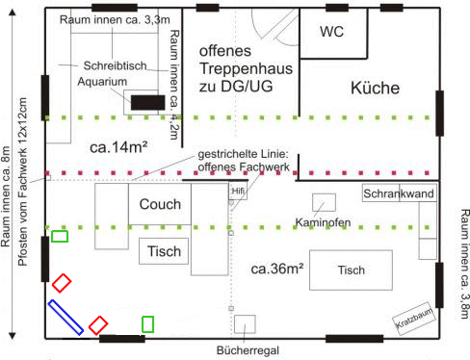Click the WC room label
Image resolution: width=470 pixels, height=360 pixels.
pyautogui.click(x=331, y=32)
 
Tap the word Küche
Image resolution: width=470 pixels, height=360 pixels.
pyautogui.click(x=375, y=88)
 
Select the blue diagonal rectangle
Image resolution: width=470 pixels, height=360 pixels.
pyautogui.click(x=65, y=318)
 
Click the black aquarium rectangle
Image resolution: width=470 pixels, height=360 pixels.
pyautogui.click(x=147, y=102)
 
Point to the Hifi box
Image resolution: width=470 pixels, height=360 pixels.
pyautogui.click(x=238, y=192)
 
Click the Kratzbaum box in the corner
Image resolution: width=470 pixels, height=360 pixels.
pyautogui.click(x=414, y=319)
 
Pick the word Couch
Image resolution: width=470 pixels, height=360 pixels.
pyautogui.click(x=160, y=204)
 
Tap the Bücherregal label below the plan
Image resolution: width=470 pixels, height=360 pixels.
pyautogui.click(x=248, y=350)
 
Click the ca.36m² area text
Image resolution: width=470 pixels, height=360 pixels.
pyautogui.click(x=277, y=269)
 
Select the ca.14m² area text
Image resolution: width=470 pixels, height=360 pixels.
pyautogui.click(x=118, y=147)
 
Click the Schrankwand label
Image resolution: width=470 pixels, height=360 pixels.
pyautogui.click(x=399, y=193)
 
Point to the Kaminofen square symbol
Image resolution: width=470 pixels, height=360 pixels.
pyautogui.click(x=324, y=202)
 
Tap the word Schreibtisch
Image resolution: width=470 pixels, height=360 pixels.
pyautogui.click(x=115, y=65)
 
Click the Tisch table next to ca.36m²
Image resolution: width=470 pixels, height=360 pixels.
pyautogui.click(x=351, y=270)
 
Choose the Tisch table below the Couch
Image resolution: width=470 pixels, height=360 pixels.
pyautogui.click(x=164, y=251)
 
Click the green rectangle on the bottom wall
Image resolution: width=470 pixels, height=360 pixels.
pyautogui.click(x=147, y=324)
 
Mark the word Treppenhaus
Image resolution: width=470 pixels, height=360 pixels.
pyautogui.click(x=247, y=68)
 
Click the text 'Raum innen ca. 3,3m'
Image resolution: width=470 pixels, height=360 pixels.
pyautogui.click(x=115, y=20)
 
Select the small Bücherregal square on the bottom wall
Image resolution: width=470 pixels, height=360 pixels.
pyautogui.click(x=245, y=324)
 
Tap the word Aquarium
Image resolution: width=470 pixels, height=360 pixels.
pyautogui.click(x=102, y=82)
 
